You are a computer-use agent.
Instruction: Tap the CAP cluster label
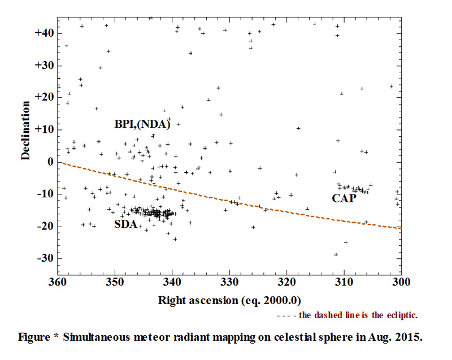click(344, 198)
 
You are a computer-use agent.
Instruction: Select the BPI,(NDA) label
click(142, 125)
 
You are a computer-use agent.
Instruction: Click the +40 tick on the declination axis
click(44, 33)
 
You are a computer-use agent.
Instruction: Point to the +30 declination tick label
click(44, 66)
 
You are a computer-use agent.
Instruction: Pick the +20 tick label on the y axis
click(44, 98)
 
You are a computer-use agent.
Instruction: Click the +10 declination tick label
click(44, 130)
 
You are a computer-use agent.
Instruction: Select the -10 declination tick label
click(45, 194)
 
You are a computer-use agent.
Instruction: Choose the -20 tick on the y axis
click(45, 227)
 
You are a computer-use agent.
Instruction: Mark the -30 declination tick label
click(45, 259)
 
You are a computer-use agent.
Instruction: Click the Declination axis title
click(26, 131)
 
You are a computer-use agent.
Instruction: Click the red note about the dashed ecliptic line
click(347, 315)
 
